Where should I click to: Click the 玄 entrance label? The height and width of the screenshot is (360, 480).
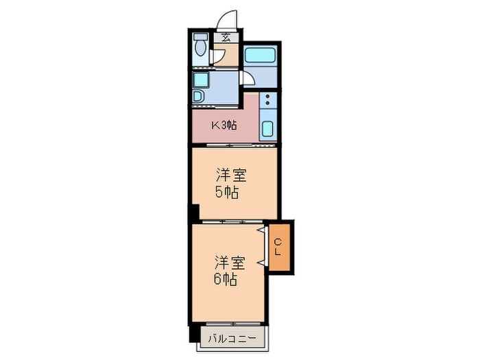coord(225,38)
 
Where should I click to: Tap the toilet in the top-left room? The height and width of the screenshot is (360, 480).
coord(201,47)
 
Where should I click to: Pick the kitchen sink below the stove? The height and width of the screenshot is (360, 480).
coord(267,129)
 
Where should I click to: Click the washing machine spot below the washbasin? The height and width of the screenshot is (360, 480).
coord(198,96)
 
